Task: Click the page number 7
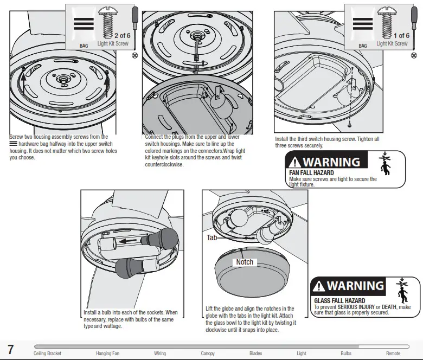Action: click(x=10, y=349)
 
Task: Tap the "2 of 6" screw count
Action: click(x=122, y=35)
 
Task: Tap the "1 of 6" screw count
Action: click(x=401, y=36)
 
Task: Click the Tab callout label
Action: click(x=211, y=237)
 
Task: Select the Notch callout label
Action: click(x=245, y=262)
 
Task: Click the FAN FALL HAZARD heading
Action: click(x=312, y=173)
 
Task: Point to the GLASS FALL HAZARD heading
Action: click(x=339, y=300)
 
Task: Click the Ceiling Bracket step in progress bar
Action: click(x=47, y=353)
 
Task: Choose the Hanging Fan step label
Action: click(x=107, y=353)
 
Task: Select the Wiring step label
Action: click(x=160, y=353)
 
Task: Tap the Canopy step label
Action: click(x=208, y=353)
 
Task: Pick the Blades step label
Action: click(x=255, y=353)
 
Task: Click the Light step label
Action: click(x=301, y=353)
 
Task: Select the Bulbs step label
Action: click(x=346, y=353)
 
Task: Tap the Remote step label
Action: click(x=393, y=353)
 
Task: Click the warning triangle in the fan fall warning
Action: click(x=295, y=162)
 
